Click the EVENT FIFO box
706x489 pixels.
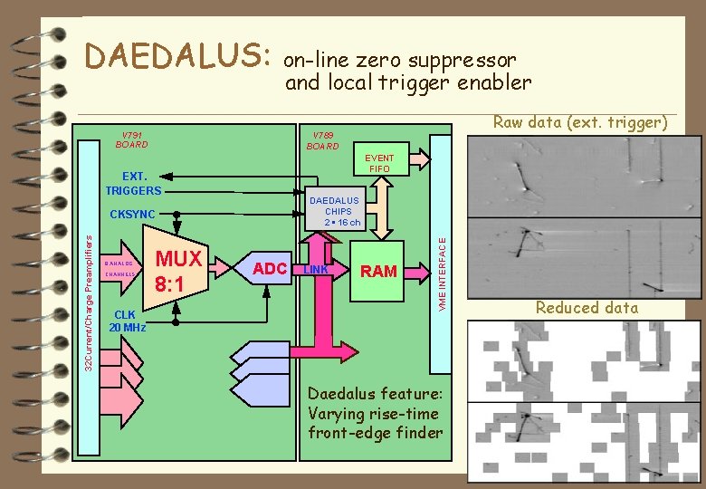click(381, 163)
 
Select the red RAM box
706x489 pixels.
click(378, 271)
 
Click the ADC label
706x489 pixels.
click(270, 268)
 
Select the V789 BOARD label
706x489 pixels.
click(322, 139)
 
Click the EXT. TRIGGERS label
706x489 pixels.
click(133, 183)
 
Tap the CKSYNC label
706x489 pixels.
click(132, 216)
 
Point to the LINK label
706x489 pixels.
click(316, 270)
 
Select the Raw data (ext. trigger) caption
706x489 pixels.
click(579, 122)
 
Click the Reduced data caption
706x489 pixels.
click(587, 308)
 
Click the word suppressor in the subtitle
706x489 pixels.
click(463, 61)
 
